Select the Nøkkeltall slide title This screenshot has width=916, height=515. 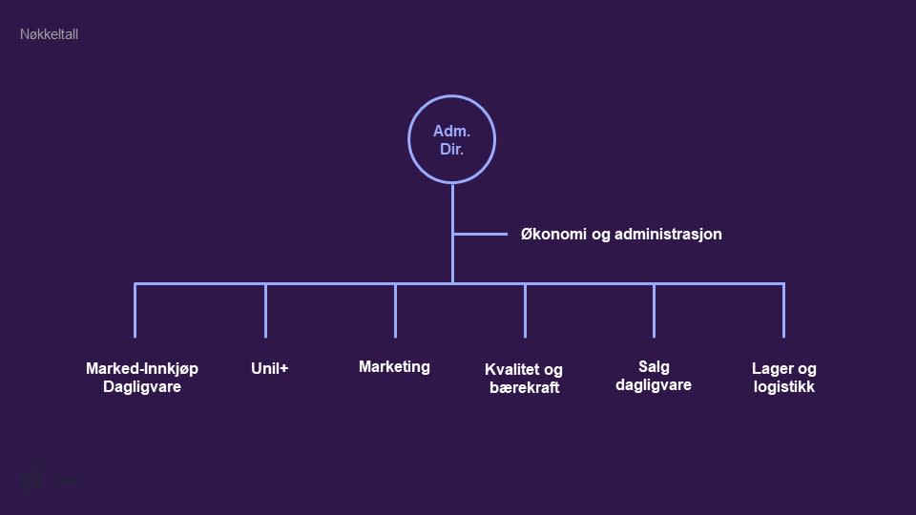click(x=49, y=34)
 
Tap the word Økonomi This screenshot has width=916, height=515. click(x=553, y=234)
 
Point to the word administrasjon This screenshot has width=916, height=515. click(x=668, y=234)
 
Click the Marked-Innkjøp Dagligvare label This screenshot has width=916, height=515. click(x=142, y=378)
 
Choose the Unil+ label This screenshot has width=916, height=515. click(x=269, y=368)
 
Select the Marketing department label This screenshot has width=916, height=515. click(x=394, y=366)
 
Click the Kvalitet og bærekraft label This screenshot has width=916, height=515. click(x=524, y=379)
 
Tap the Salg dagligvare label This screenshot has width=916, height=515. click(x=654, y=376)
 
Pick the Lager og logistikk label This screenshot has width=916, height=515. click(x=784, y=378)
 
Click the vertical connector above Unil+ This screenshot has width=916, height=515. click(x=265, y=310)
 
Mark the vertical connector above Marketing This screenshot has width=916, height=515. click(x=395, y=310)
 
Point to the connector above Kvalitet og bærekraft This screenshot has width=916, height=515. click(x=525, y=310)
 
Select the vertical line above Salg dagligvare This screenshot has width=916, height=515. click(x=654, y=310)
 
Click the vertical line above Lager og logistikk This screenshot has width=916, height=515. click(x=783, y=310)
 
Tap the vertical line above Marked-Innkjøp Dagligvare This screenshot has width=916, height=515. click(x=135, y=310)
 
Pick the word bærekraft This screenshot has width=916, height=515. click(x=524, y=388)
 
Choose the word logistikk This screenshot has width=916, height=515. click(x=784, y=387)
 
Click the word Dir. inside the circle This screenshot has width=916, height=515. click(x=451, y=150)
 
